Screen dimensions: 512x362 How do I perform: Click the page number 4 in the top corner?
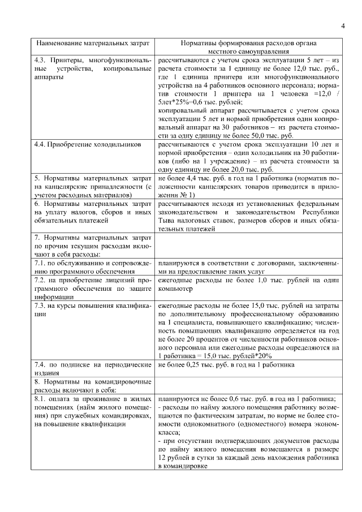point(343,25)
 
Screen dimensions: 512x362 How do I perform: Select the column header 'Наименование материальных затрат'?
point(93,42)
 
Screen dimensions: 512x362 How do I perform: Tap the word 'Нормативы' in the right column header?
point(198,42)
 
